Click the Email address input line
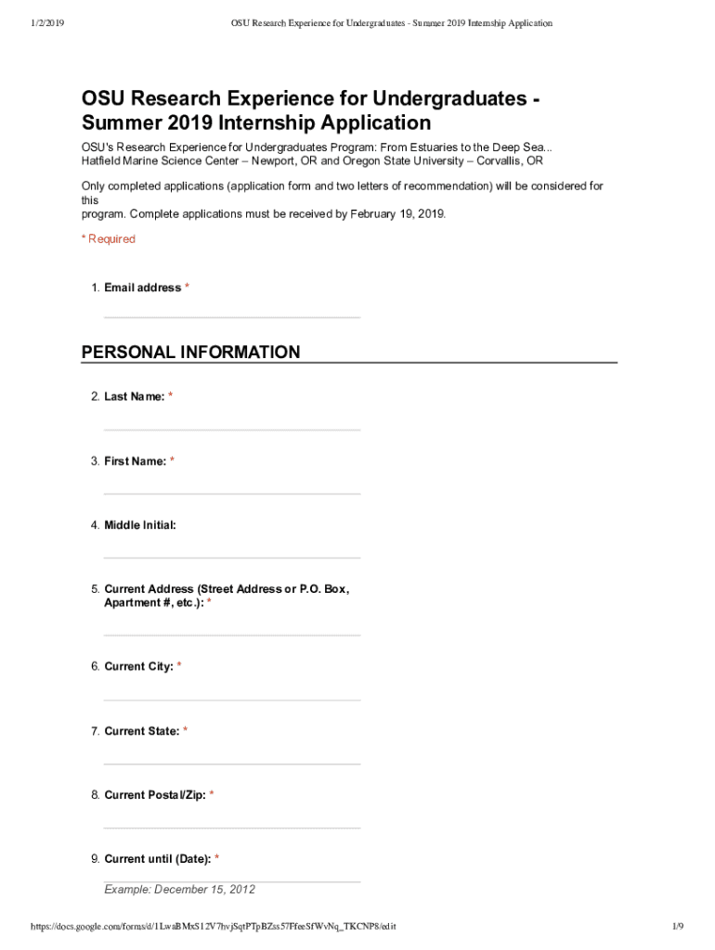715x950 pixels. [x=231, y=311]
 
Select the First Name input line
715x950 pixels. [x=231, y=487]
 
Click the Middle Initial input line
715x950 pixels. [x=231, y=551]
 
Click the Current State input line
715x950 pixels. [x=231, y=757]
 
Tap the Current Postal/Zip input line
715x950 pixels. [x=231, y=821]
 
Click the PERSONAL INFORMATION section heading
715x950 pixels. [x=190, y=353]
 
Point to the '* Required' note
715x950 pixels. [x=109, y=239]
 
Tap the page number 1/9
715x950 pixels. [x=677, y=927]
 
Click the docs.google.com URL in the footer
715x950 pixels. [x=214, y=927]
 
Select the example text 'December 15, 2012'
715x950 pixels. [x=204, y=890]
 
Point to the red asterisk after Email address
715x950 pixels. [x=188, y=288]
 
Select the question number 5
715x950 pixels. [x=95, y=589]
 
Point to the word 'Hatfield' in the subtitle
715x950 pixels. [x=102, y=160]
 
